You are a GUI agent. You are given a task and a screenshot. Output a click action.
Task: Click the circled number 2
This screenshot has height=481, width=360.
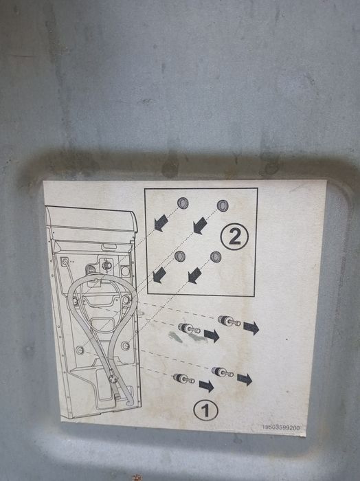[234, 236]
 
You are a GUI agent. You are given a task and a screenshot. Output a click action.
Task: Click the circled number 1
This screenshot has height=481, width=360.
[205, 411]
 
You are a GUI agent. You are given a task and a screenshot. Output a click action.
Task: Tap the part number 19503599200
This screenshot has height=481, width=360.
[281, 427]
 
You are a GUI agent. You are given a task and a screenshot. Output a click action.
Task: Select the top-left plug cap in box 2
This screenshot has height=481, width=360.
[183, 203]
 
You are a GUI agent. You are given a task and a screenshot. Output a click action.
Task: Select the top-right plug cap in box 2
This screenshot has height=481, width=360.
[223, 206]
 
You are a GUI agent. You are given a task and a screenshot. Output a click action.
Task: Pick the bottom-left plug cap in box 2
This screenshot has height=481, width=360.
[180, 256]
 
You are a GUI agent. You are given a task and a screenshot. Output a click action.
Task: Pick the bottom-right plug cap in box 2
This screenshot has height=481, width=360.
[216, 257]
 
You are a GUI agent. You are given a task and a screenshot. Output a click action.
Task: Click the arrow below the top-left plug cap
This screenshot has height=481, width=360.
[161, 223]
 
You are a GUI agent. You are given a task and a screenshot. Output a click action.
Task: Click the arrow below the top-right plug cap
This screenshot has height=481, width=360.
[200, 225]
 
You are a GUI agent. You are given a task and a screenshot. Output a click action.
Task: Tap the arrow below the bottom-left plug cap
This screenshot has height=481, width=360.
[159, 275]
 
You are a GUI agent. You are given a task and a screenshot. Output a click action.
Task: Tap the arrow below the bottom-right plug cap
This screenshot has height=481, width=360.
[194, 276]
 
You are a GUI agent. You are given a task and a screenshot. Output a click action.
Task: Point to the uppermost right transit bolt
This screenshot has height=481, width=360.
[229, 321]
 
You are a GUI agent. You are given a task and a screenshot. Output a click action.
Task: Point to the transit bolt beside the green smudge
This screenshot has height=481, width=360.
[189, 328]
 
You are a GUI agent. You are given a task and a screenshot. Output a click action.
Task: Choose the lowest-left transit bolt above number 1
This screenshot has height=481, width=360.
[183, 379]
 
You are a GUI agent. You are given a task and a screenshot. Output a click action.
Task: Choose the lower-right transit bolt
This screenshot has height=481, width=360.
[223, 372]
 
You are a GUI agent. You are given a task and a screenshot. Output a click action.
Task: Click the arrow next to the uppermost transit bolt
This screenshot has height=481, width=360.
[251, 328]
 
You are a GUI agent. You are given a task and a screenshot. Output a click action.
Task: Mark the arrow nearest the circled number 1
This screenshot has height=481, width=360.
[206, 386]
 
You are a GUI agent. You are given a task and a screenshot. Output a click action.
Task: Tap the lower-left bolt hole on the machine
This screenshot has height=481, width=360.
[80, 350]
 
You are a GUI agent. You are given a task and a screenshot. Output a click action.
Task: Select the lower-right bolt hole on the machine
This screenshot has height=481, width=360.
[125, 346]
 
